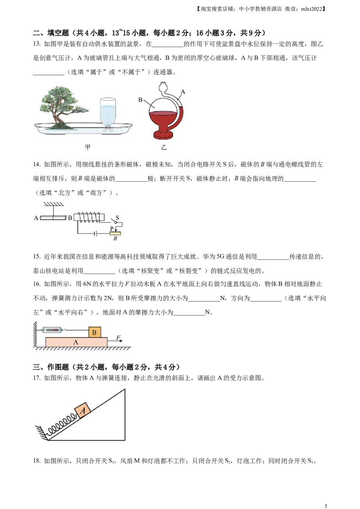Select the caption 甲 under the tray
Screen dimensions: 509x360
88,147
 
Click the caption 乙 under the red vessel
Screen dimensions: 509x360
163,147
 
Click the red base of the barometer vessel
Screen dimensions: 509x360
163,134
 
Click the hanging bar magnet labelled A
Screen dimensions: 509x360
53,218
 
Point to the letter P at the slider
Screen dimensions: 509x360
112,229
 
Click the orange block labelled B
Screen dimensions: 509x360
94,333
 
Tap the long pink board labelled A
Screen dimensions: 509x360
76,342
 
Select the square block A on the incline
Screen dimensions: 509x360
83,410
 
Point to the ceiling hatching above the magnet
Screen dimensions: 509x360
53,204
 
